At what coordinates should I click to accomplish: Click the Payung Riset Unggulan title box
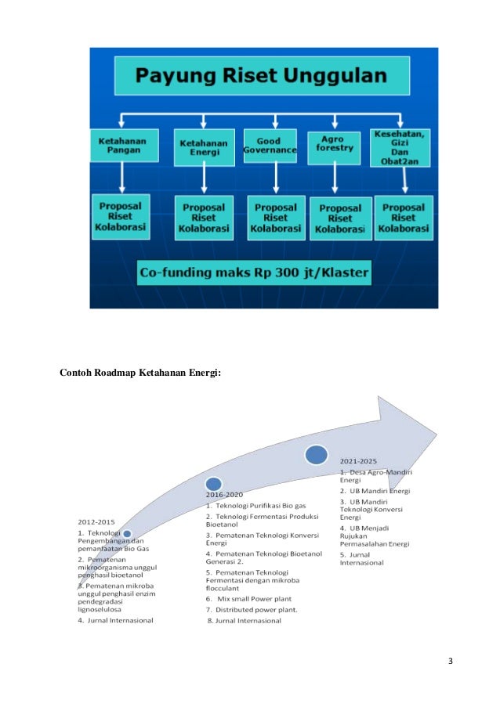coord(263,77)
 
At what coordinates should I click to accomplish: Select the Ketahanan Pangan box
coord(124,146)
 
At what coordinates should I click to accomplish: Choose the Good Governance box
coord(270,144)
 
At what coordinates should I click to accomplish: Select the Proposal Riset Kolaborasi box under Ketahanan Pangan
coord(121,216)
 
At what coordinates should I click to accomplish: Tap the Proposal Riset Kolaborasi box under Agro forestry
coord(340,218)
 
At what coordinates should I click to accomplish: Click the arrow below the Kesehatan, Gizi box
coord(403,181)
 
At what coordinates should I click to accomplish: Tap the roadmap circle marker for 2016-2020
coord(213,485)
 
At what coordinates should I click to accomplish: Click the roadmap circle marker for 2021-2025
coord(316,454)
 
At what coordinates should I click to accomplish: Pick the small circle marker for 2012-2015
coord(127,534)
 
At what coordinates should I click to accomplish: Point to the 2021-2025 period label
coord(360,461)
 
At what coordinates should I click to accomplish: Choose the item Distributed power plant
coord(252,609)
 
